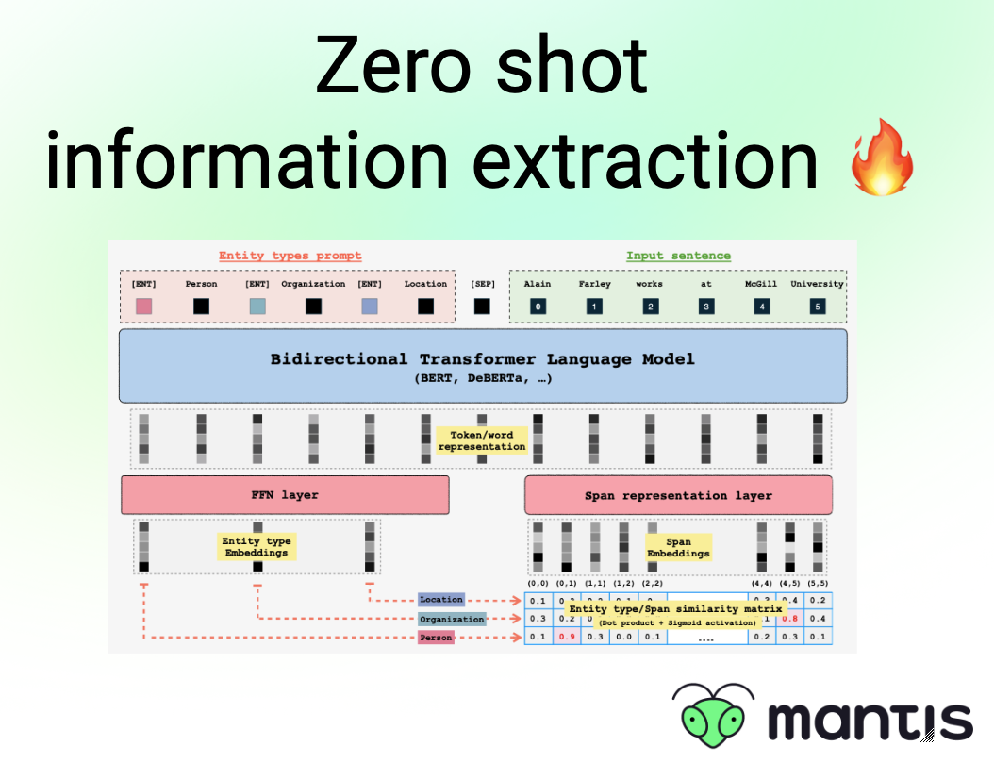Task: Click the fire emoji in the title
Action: pyautogui.click(x=882, y=157)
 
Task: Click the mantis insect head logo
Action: pyautogui.click(x=713, y=715)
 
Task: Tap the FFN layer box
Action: pyautogui.click(x=285, y=495)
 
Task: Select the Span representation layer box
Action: pyautogui.click(x=678, y=495)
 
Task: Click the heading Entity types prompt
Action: pyautogui.click(x=290, y=256)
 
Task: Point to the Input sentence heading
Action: pyautogui.click(x=678, y=256)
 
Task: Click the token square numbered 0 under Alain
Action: pyautogui.click(x=538, y=307)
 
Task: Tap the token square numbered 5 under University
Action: pyautogui.click(x=818, y=307)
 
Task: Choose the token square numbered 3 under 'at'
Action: pyautogui.click(x=706, y=307)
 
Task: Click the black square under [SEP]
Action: pyautogui.click(x=482, y=307)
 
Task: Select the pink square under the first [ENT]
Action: pyautogui.click(x=144, y=307)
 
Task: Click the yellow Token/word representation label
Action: pyautogui.click(x=482, y=440)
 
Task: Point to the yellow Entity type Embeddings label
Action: pyautogui.click(x=257, y=546)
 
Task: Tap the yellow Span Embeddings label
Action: pyautogui.click(x=678, y=548)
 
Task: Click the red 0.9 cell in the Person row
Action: pyautogui.click(x=567, y=637)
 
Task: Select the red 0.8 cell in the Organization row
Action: pyautogui.click(x=790, y=618)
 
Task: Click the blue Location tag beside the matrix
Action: pyautogui.click(x=441, y=600)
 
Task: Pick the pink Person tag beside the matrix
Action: pyautogui.click(x=436, y=638)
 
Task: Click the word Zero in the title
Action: pyautogui.click(x=393, y=67)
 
